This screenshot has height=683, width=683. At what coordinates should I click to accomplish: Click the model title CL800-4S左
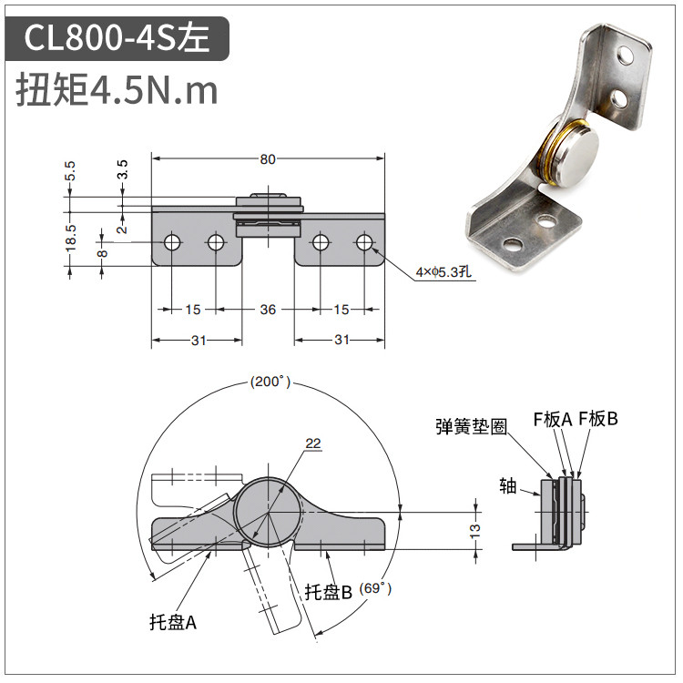click(117, 38)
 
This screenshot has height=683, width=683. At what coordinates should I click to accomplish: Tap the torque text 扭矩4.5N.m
click(117, 90)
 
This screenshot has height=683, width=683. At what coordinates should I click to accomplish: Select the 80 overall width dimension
click(268, 159)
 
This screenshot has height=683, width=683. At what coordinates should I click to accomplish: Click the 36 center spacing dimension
click(268, 310)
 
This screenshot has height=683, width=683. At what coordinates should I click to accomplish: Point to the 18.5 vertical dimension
click(70, 238)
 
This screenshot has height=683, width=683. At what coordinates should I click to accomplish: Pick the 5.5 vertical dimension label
click(70, 171)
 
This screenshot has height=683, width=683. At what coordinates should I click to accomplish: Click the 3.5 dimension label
click(122, 169)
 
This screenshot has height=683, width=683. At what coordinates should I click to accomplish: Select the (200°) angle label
click(270, 382)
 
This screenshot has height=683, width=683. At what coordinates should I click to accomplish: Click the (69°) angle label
click(375, 588)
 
